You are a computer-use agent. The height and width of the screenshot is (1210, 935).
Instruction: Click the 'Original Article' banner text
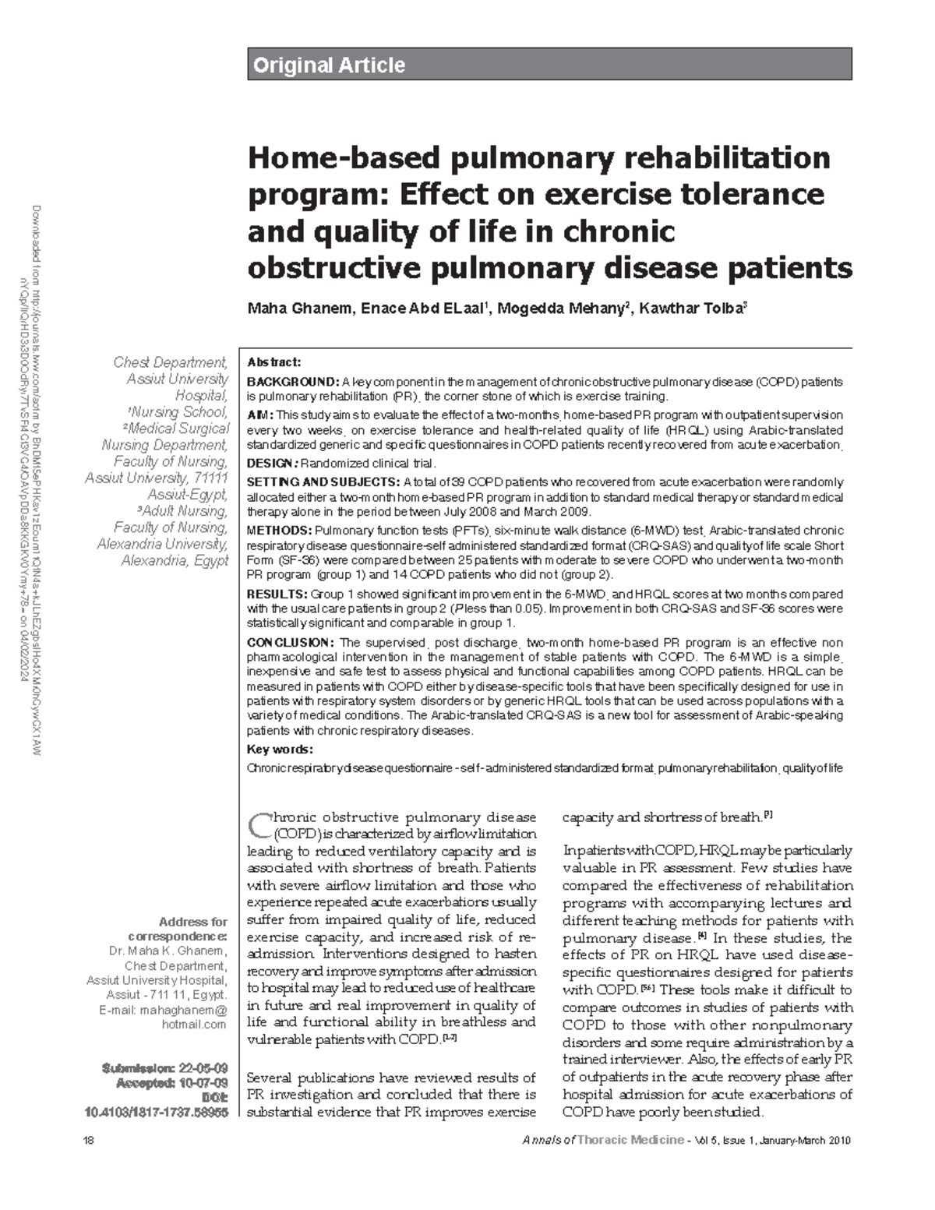click(x=328, y=65)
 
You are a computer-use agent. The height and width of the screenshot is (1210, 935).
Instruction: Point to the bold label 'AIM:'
click(x=259, y=415)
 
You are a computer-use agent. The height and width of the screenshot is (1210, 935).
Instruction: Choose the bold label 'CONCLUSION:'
click(x=291, y=643)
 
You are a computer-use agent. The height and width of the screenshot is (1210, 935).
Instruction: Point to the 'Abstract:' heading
click(x=273, y=362)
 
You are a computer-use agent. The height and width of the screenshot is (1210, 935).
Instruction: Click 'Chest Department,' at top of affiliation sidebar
click(x=171, y=362)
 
